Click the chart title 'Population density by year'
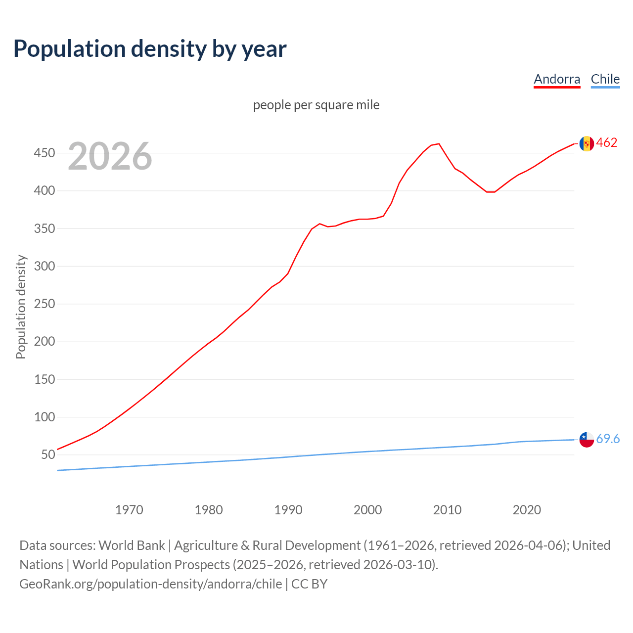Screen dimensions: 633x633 click(150, 49)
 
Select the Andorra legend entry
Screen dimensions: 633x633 click(557, 79)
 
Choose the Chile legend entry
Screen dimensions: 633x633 click(605, 79)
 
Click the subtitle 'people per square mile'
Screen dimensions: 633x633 click(316, 105)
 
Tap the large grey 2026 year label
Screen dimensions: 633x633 click(110, 156)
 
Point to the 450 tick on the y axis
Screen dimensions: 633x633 click(44, 153)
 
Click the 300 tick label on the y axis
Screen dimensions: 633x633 click(44, 266)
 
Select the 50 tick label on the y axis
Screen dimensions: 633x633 click(48, 454)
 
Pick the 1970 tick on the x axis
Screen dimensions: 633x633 click(129, 510)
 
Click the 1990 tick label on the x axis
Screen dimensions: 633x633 click(288, 510)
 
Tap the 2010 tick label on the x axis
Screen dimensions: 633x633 click(447, 510)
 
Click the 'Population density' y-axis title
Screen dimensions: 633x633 click(21, 307)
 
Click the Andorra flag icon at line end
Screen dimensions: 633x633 click(587, 143)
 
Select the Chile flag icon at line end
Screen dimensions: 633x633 click(587, 439)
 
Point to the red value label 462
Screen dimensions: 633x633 click(607, 143)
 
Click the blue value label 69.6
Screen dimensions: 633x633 click(608, 439)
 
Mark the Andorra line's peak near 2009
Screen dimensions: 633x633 click(439, 144)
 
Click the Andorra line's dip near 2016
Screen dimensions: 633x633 click(491, 192)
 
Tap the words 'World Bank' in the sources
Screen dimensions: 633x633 click(132, 545)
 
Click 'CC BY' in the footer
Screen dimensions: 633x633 click(309, 584)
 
